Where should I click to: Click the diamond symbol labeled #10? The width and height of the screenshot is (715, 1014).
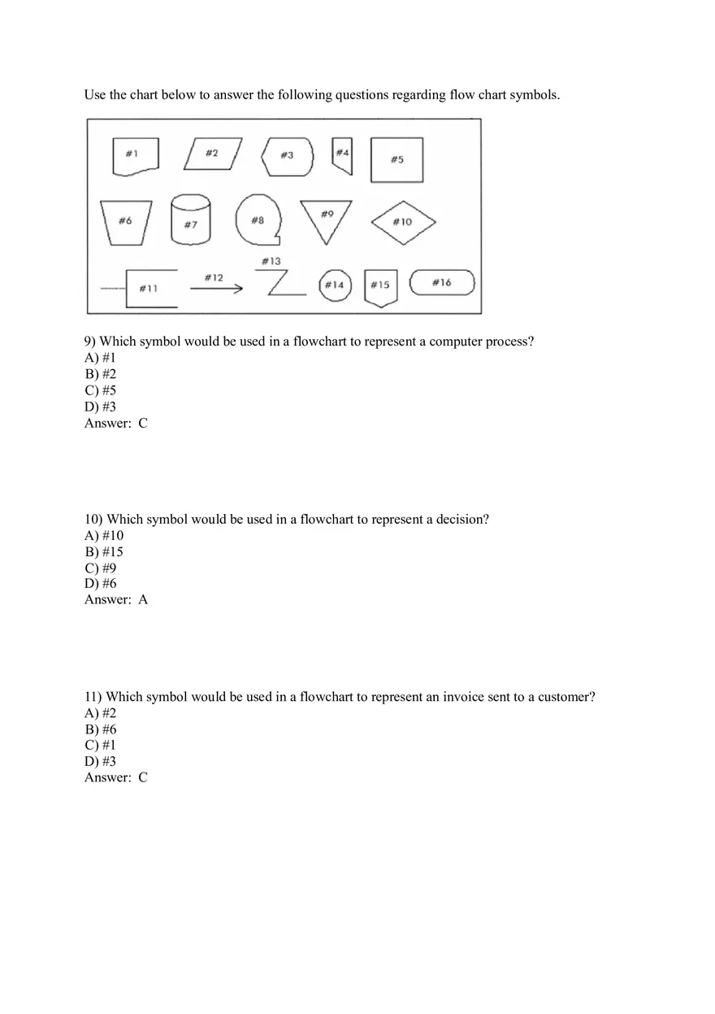tap(404, 221)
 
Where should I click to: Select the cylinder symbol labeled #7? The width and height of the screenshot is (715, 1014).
tap(190, 220)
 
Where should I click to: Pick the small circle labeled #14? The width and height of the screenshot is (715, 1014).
tap(335, 285)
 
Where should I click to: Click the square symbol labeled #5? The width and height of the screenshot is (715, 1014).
tap(396, 159)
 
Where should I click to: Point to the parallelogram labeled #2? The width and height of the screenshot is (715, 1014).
tap(212, 154)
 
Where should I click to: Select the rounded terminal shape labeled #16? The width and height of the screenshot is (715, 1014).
tap(441, 283)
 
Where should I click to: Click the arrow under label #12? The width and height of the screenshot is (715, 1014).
tap(216, 288)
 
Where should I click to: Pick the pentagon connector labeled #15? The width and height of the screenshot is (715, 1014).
tap(380, 287)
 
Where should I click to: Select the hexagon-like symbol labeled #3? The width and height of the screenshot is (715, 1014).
tap(287, 155)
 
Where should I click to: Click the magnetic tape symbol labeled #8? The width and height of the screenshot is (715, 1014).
tap(258, 220)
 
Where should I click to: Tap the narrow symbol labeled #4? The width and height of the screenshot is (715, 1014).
tap(343, 155)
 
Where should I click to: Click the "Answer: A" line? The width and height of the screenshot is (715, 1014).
tap(116, 600)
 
